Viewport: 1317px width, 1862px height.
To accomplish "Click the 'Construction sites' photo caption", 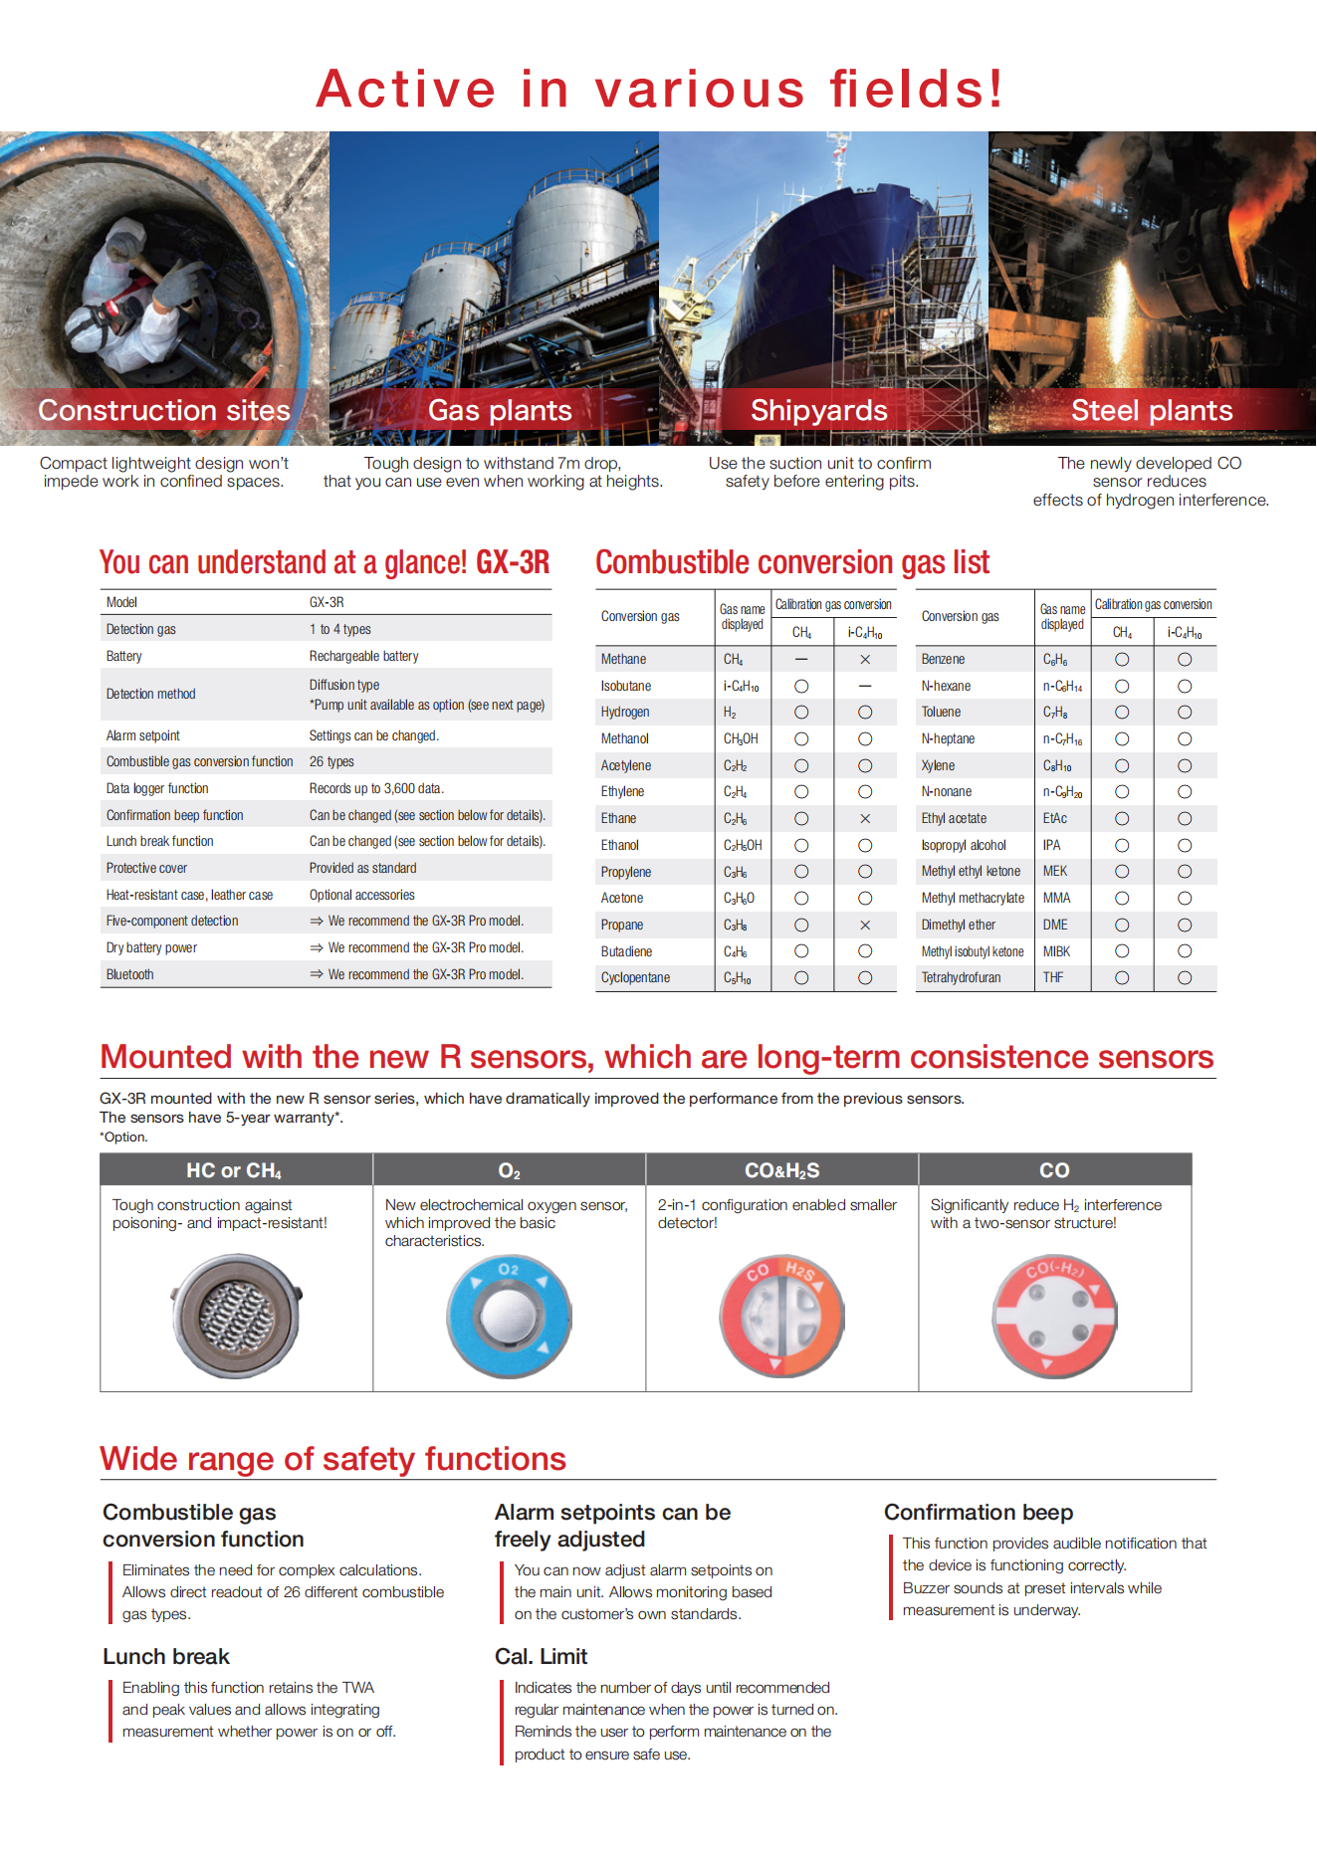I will click(164, 410).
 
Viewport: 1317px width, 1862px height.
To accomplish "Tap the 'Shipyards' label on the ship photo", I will click(818, 410).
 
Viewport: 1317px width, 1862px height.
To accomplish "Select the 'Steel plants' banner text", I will click(1152, 410).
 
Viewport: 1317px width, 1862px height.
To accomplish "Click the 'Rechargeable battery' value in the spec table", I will click(363, 656).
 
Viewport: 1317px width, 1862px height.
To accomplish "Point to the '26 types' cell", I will click(331, 761).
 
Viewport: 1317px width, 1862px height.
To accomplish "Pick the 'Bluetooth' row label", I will click(130, 974).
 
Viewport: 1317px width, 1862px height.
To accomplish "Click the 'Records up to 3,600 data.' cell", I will click(376, 788).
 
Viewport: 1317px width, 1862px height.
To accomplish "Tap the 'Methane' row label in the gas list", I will click(623, 659).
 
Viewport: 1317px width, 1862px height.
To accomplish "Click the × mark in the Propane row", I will click(865, 925).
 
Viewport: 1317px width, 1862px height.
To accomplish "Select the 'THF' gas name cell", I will click(1053, 977).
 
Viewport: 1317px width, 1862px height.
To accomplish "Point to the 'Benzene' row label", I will click(943, 659).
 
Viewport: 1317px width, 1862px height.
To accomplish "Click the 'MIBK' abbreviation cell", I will click(1056, 951).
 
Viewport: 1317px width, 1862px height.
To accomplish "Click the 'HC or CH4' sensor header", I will click(234, 1170).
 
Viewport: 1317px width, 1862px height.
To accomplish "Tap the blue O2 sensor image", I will click(509, 1315).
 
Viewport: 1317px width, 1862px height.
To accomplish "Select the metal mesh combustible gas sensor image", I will click(236, 1316).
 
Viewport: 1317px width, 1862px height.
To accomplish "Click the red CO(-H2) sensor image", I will click(1054, 1316).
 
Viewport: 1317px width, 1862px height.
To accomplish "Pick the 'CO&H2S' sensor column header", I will click(781, 1170).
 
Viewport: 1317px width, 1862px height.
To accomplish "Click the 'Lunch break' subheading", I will click(166, 1656).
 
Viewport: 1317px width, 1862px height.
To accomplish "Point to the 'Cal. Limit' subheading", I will click(541, 1656).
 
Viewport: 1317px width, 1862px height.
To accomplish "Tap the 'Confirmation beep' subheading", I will click(979, 1512).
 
